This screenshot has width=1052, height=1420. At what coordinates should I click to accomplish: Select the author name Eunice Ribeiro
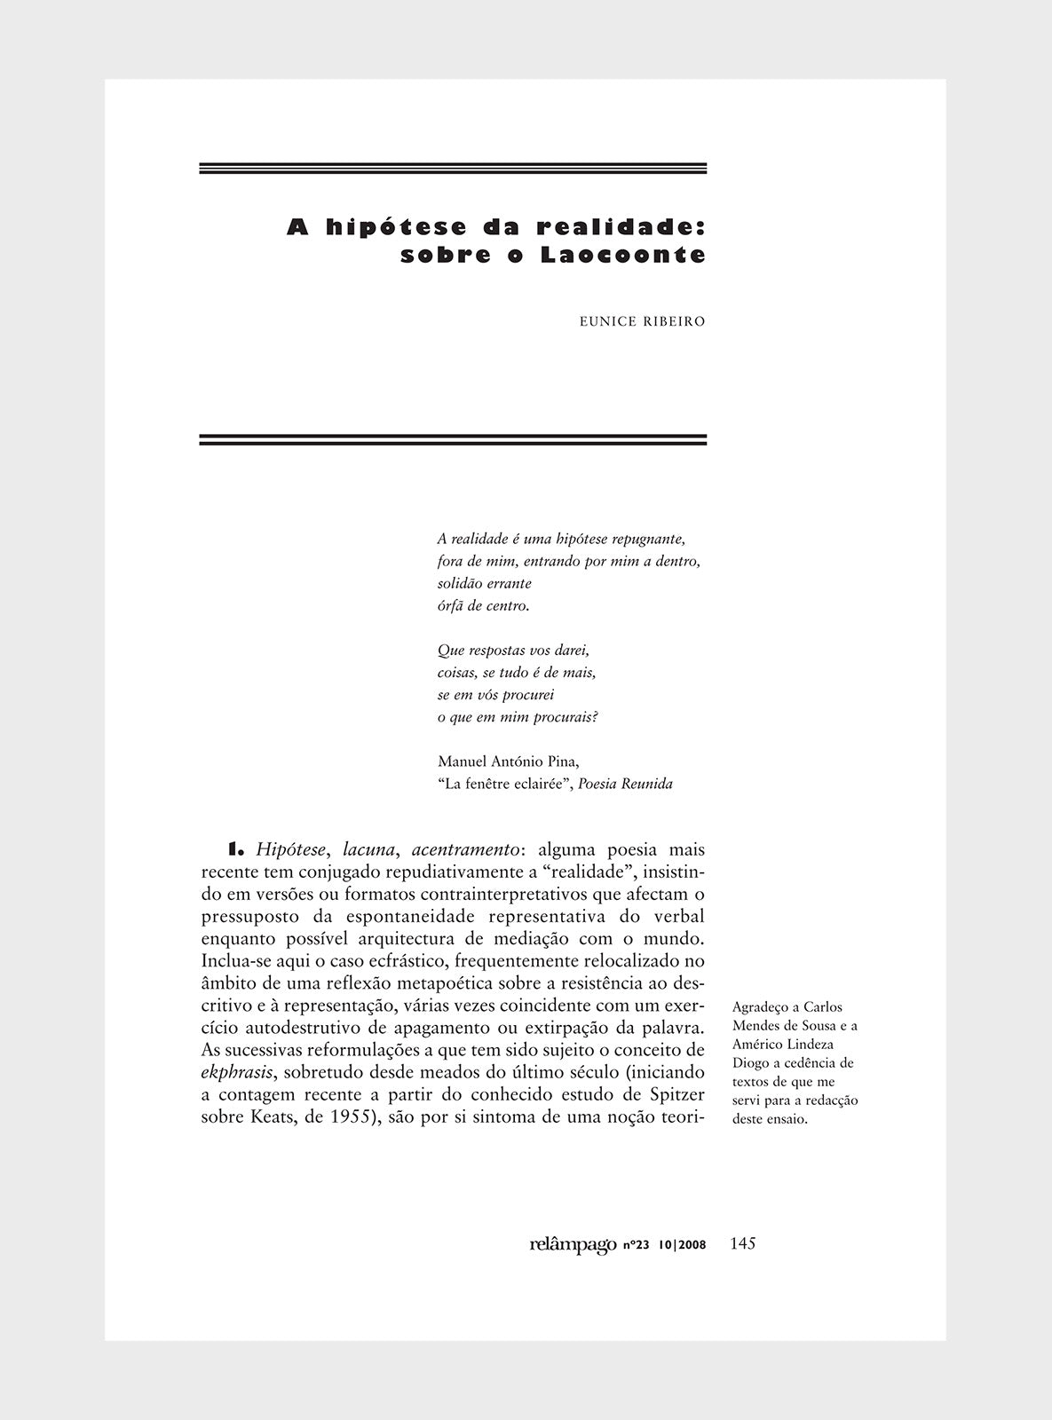(642, 321)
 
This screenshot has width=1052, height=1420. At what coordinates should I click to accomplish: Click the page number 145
(742, 1243)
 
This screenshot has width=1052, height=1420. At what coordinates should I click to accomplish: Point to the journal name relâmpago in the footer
(573, 1245)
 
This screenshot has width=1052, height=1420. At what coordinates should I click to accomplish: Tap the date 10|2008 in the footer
(683, 1246)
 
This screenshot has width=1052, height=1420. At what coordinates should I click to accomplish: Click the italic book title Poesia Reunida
(625, 784)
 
